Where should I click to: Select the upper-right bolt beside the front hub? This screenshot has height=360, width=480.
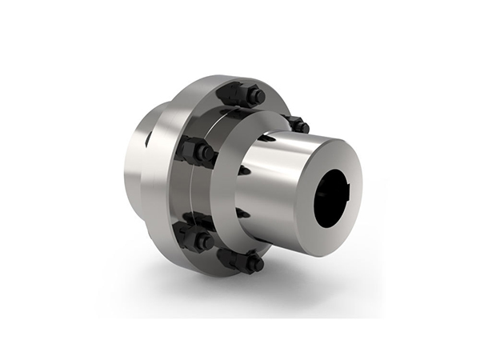coord(298,125)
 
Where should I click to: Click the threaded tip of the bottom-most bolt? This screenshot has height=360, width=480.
coord(256,262)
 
